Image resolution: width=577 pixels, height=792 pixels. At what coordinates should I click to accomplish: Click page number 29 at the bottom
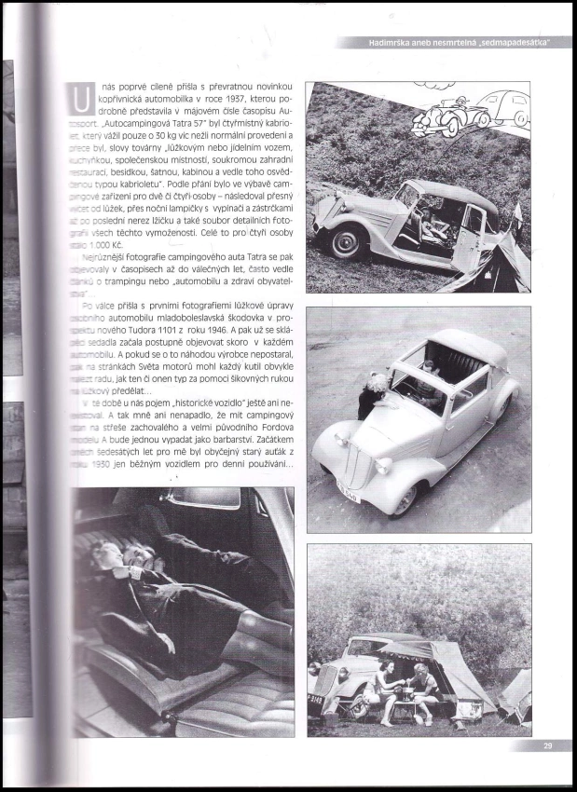[x=547, y=746]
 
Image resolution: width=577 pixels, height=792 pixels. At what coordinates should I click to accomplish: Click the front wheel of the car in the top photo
[x=348, y=239]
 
